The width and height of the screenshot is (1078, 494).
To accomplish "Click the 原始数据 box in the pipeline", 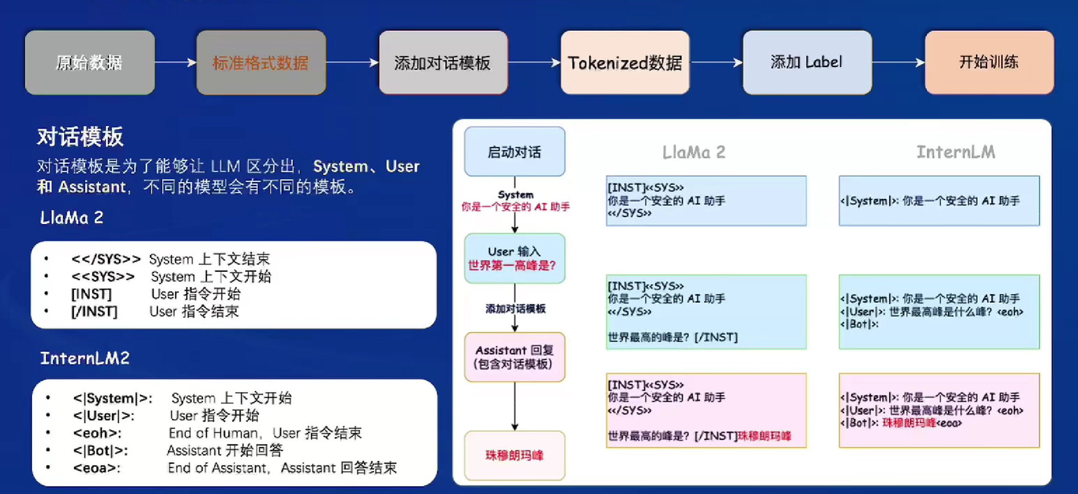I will [90, 63].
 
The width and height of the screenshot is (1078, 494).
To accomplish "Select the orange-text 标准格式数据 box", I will [261, 63].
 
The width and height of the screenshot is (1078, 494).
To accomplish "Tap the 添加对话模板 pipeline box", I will [443, 63].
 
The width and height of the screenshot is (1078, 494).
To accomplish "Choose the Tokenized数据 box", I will [625, 63].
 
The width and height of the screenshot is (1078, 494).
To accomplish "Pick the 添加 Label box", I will [807, 63].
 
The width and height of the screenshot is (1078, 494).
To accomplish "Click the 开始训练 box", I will [989, 63].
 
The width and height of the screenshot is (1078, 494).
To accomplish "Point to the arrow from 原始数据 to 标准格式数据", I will [175, 63].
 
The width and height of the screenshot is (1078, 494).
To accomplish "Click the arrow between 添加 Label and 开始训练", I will [898, 63].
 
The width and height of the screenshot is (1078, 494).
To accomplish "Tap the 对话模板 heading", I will [80, 137].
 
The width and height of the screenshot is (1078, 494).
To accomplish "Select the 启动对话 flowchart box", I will [514, 152].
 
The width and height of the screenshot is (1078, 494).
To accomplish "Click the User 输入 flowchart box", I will [514, 258].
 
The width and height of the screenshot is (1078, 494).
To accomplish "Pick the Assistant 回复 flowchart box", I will [514, 357].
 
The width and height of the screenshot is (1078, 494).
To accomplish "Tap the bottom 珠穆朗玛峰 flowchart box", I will [514, 455].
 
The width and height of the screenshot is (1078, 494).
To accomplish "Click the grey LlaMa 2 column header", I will [694, 152].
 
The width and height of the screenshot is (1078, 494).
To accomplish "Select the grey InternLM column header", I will [956, 152].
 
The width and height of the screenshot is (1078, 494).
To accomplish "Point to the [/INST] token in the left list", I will [94, 311].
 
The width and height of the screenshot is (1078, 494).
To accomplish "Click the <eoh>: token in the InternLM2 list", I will [97, 433].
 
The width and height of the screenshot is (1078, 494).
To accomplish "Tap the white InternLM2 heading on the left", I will [85, 358].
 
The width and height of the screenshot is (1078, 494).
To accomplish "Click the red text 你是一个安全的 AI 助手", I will [515, 207].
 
